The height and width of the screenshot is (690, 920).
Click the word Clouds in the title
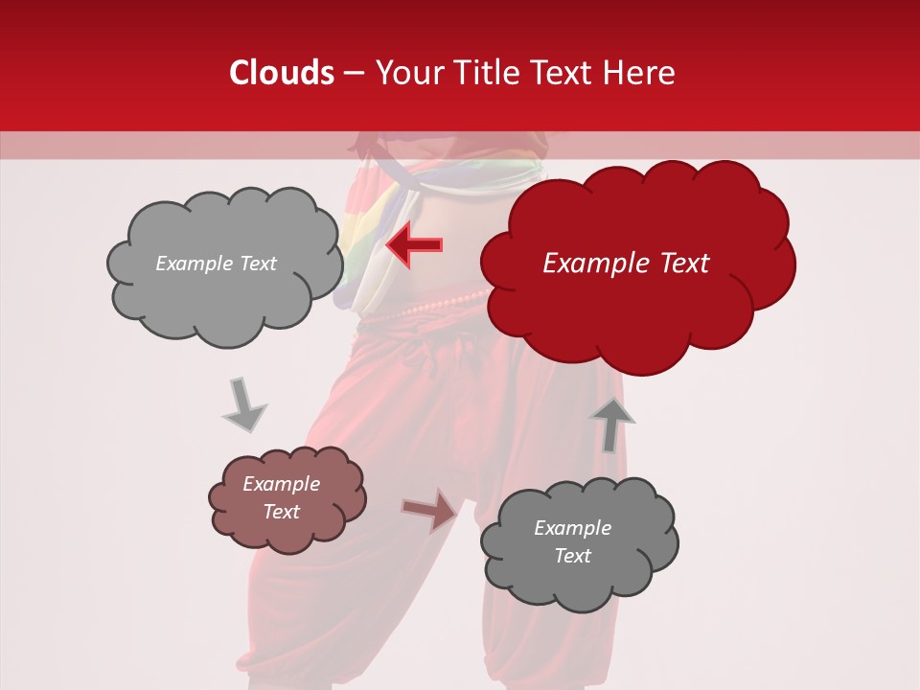click(282, 73)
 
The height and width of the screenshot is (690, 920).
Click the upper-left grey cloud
click(223, 265)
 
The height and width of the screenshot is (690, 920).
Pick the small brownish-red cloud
click(287, 498)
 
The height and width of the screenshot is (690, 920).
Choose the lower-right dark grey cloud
click(578, 541)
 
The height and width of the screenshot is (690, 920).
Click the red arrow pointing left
click(414, 245)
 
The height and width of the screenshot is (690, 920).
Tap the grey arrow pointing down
click(243, 405)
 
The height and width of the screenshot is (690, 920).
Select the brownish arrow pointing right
click(430, 510)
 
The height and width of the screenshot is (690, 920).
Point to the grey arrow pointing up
click(611, 423)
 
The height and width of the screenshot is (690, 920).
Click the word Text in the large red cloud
click(680, 264)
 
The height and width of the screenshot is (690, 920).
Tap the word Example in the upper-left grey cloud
click(195, 264)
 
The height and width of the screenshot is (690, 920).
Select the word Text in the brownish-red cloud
click(282, 512)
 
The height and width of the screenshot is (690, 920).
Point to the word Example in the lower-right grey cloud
click(572, 528)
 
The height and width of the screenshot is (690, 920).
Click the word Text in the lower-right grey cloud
click(572, 556)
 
